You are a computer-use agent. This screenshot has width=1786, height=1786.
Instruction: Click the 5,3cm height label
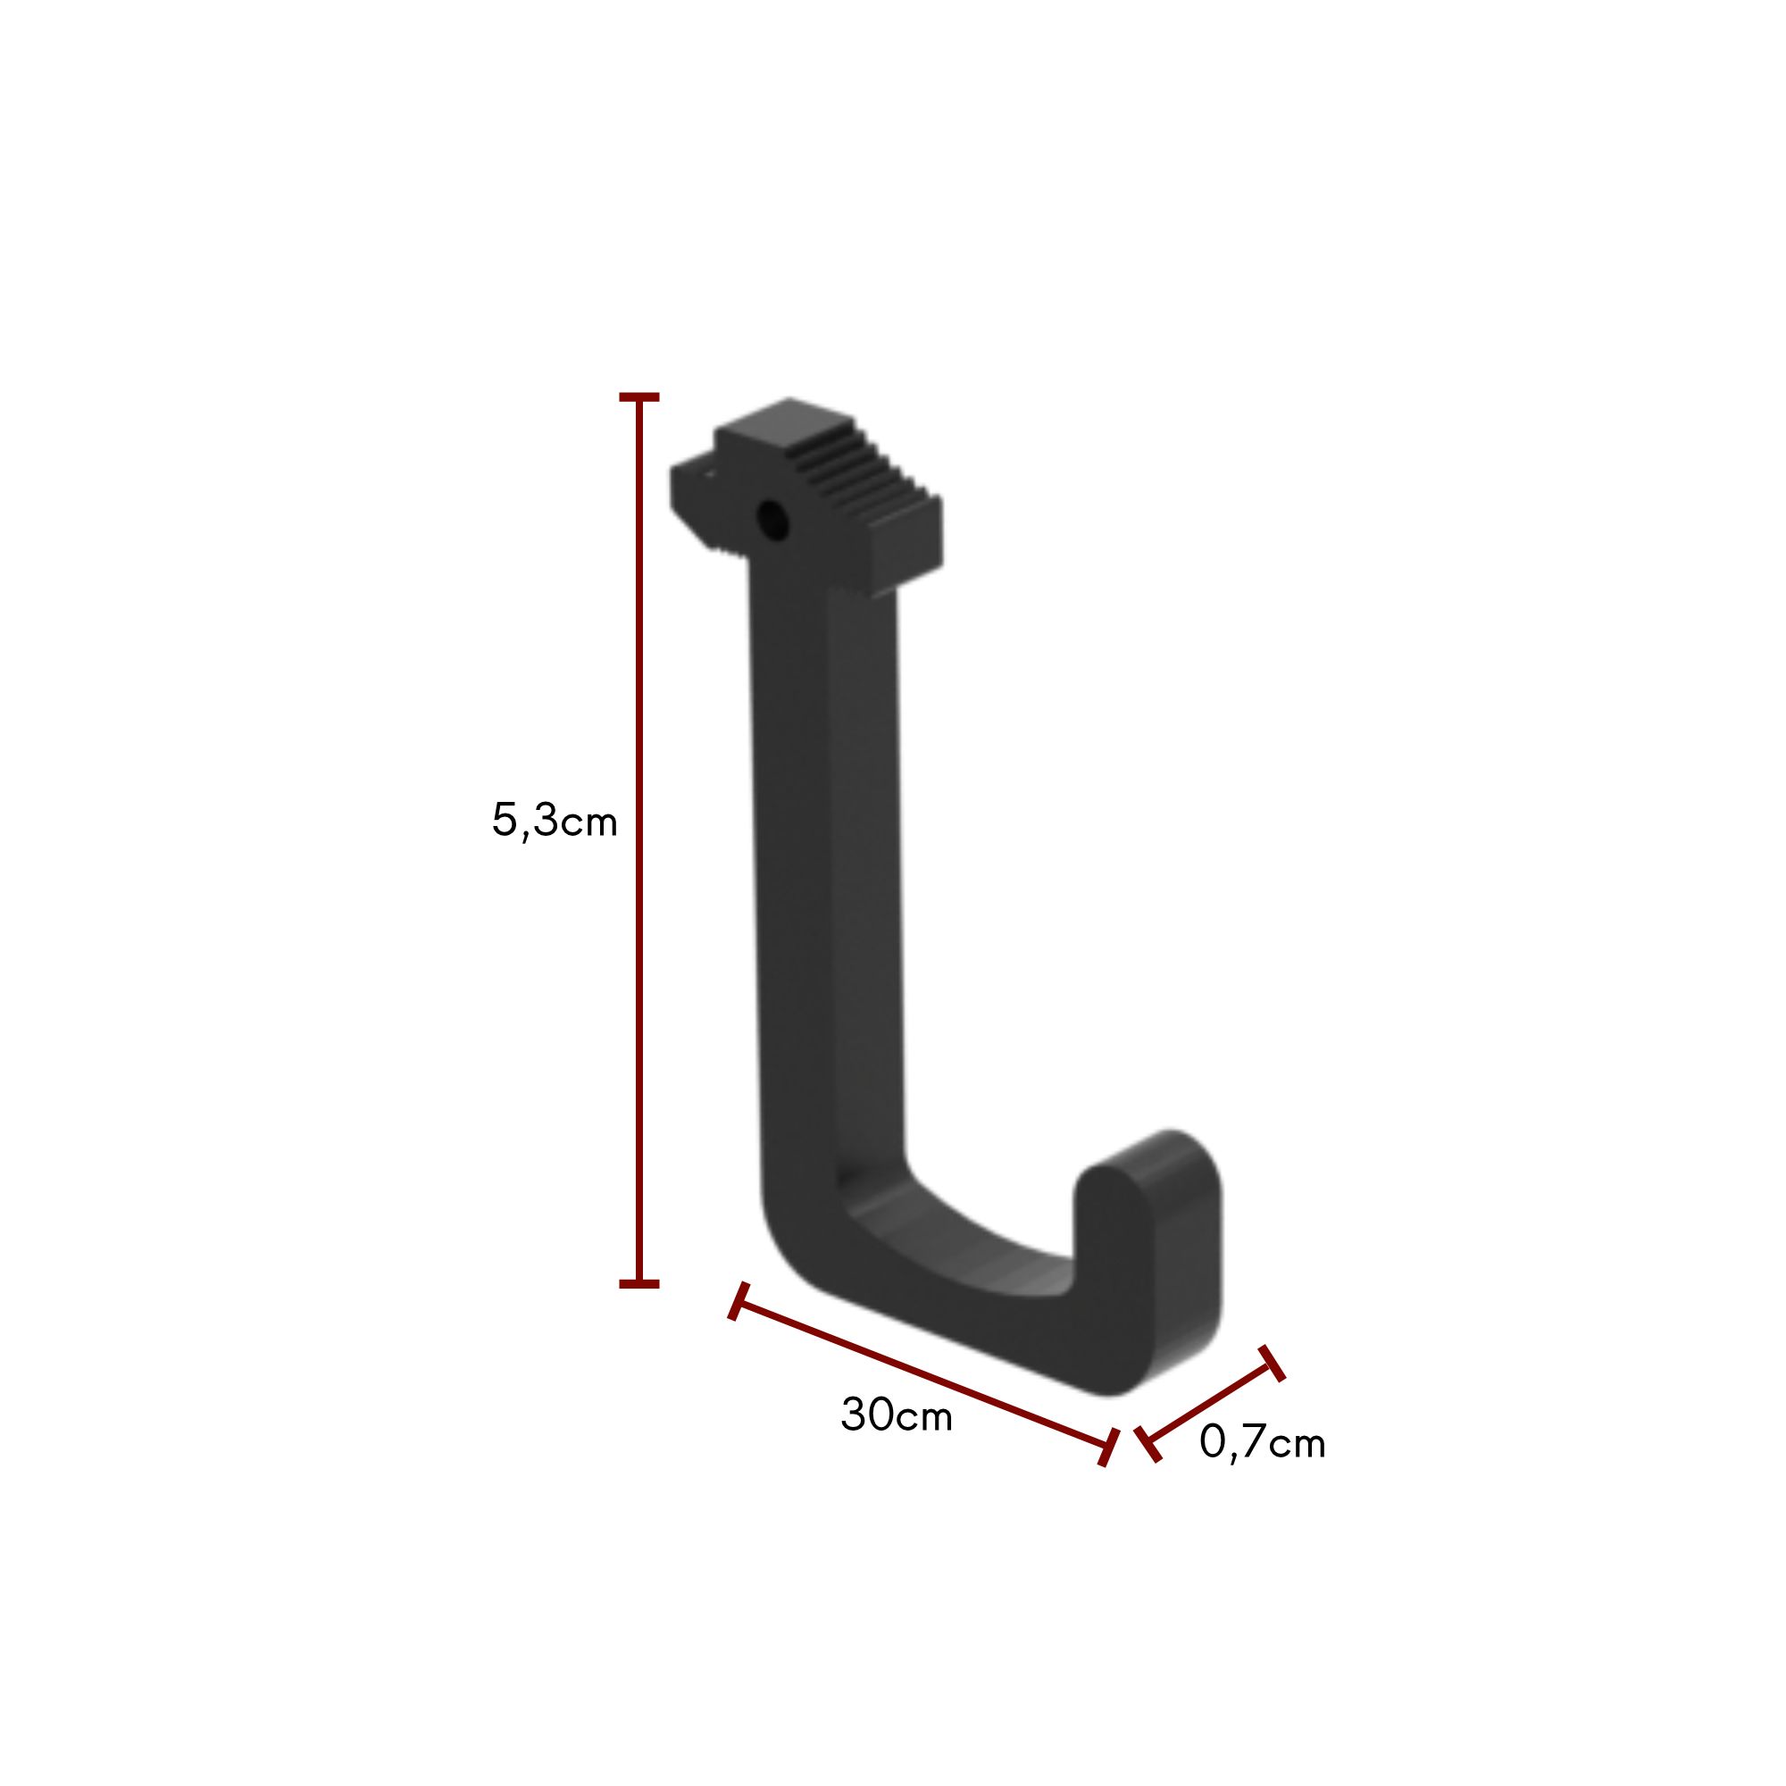[554, 821]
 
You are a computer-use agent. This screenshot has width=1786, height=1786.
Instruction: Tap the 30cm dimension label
[896, 1415]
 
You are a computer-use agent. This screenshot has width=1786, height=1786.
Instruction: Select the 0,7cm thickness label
[1262, 1442]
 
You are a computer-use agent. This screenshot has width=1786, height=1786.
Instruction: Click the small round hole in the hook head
[772, 521]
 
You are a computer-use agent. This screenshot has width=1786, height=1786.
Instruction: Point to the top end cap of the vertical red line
[638, 397]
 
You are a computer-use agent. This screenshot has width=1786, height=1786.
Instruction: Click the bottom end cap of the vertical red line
[638, 1284]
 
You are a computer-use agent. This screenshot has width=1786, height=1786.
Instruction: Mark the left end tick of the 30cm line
[738, 1301]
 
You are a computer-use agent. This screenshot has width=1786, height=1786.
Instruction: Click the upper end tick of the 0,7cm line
[1272, 1364]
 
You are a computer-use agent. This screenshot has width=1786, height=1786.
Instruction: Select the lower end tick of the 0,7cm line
[1148, 1444]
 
